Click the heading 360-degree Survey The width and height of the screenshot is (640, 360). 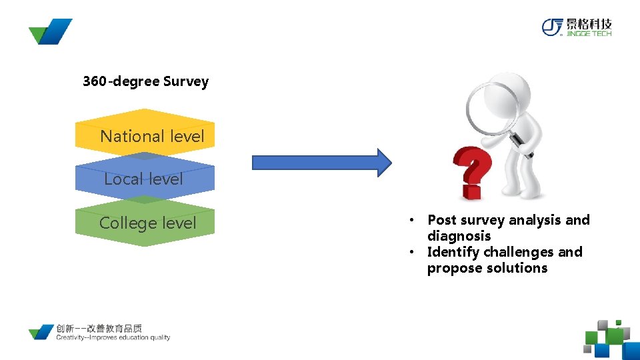(x=145, y=82)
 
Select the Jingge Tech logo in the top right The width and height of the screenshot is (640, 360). (x=576, y=27)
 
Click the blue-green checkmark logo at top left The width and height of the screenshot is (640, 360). (x=50, y=31)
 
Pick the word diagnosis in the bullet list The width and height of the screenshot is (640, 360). (x=459, y=236)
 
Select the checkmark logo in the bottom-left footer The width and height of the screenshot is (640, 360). (x=41, y=332)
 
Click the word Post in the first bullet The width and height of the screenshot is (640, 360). (x=442, y=220)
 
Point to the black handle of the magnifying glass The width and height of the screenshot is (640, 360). (x=521, y=145)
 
